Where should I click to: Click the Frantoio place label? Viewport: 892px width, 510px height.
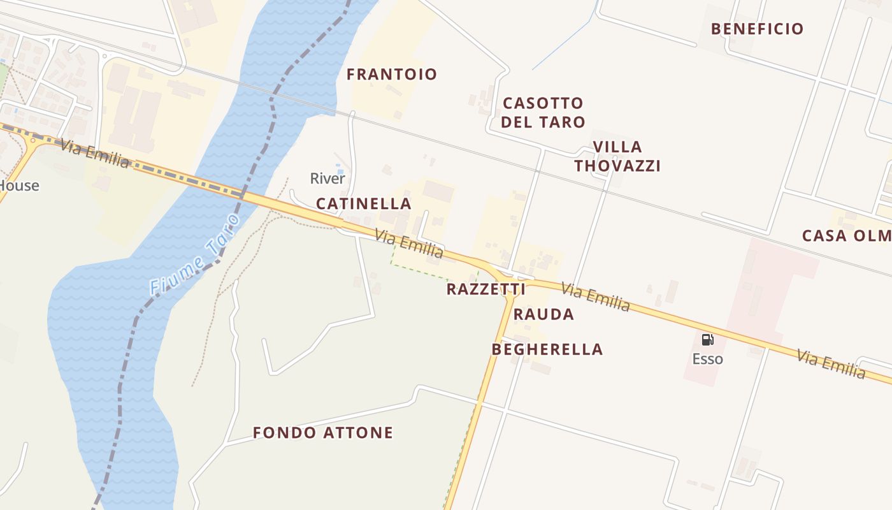[392, 75]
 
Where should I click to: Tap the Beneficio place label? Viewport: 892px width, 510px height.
[757, 29]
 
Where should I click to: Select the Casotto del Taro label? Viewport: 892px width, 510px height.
[543, 112]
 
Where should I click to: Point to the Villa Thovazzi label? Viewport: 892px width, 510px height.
[617, 156]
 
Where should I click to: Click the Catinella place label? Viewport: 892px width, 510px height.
[364, 204]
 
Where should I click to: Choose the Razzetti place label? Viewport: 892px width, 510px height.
[486, 289]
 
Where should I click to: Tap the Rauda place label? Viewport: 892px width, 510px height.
[543, 314]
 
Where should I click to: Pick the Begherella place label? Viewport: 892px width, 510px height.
[547, 349]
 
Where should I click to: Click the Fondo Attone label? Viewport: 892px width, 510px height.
[323, 433]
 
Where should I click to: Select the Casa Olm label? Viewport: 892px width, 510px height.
[846, 236]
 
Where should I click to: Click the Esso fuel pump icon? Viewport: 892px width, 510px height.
[707, 340]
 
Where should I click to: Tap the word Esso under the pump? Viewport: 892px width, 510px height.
[707, 359]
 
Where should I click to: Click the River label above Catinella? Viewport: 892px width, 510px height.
[327, 178]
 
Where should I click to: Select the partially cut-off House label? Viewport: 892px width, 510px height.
[19, 186]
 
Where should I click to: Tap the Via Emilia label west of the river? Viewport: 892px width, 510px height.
[96, 154]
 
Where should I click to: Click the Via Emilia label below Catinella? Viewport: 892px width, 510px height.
[408, 245]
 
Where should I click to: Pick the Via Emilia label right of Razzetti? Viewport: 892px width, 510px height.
[595, 297]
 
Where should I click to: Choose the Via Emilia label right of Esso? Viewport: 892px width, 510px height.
[831, 363]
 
